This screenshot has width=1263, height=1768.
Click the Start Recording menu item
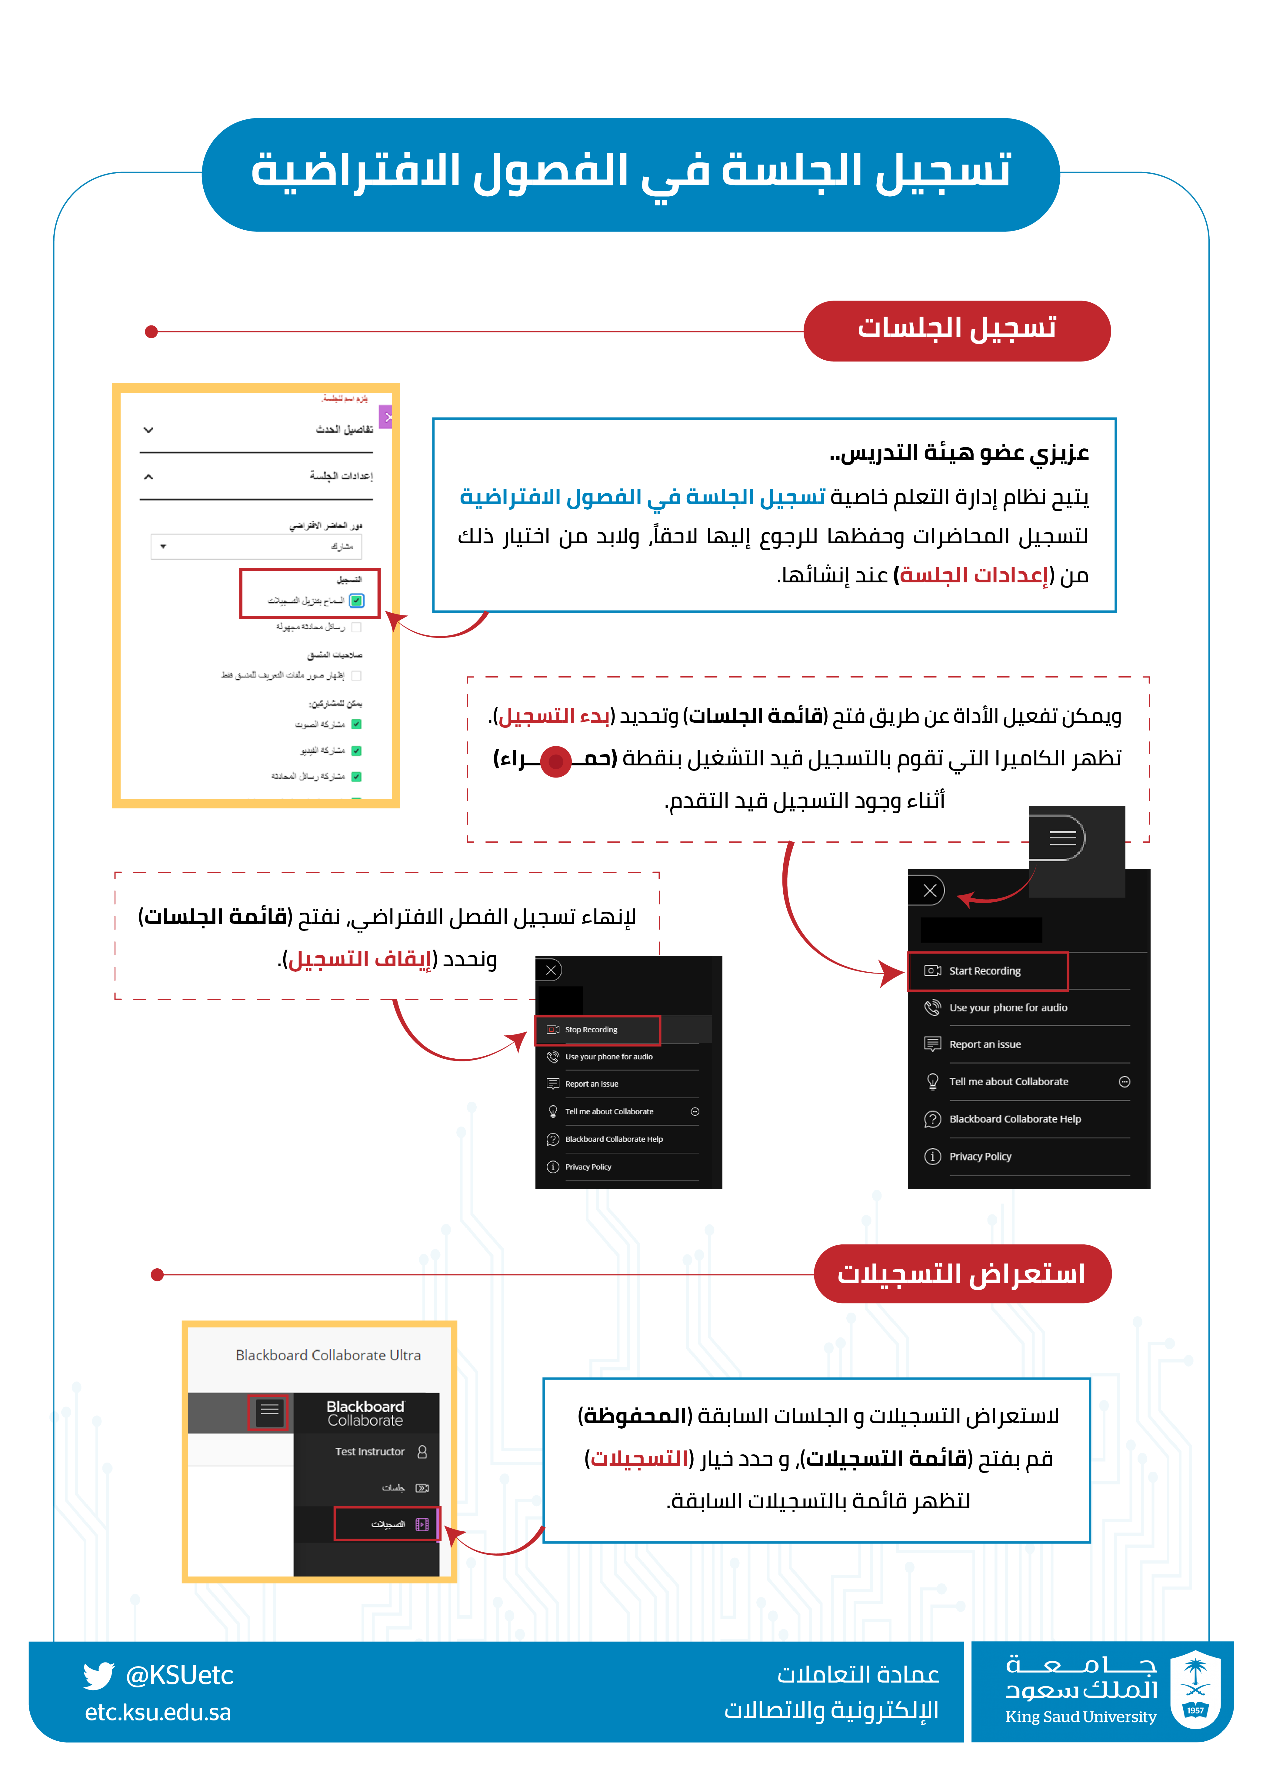[x=985, y=971]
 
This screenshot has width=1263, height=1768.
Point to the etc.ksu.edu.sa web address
[x=158, y=1713]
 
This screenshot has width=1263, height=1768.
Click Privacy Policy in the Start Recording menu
[x=980, y=1157]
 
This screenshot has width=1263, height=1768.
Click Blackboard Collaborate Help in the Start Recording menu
[x=1015, y=1120]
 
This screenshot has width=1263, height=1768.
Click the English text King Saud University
[x=1080, y=1717]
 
